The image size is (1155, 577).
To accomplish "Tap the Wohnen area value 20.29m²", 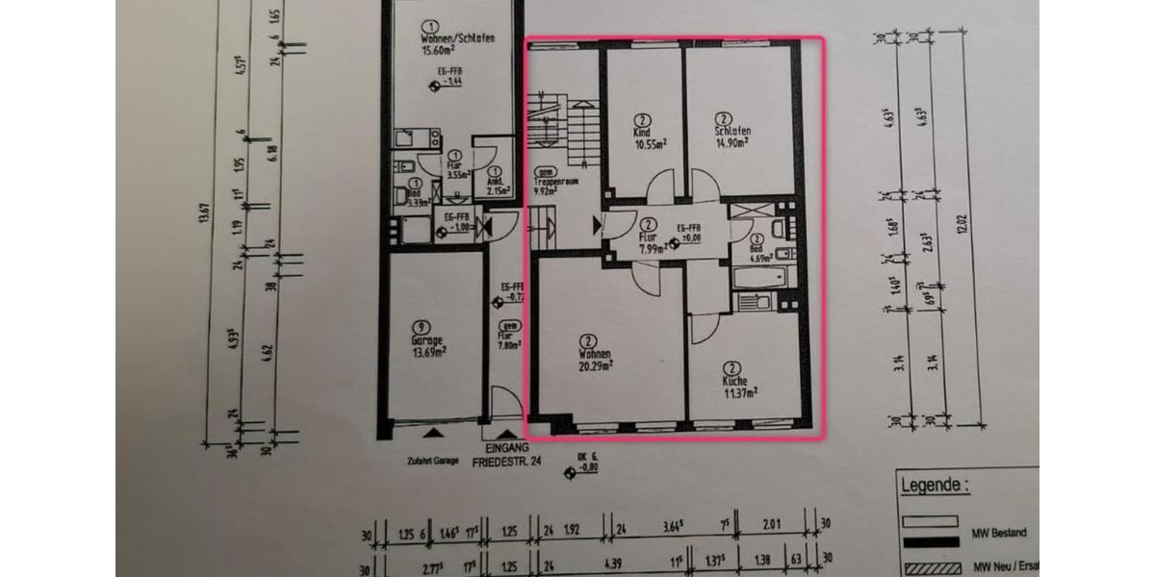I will click(x=595, y=365).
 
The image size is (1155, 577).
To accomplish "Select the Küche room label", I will click(x=735, y=381).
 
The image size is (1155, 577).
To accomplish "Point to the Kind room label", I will click(x=641, y=133).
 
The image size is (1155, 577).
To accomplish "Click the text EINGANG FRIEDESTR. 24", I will click(x=507, y=455).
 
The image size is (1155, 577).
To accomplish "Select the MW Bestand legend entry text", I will click(x=1001, y=533).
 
